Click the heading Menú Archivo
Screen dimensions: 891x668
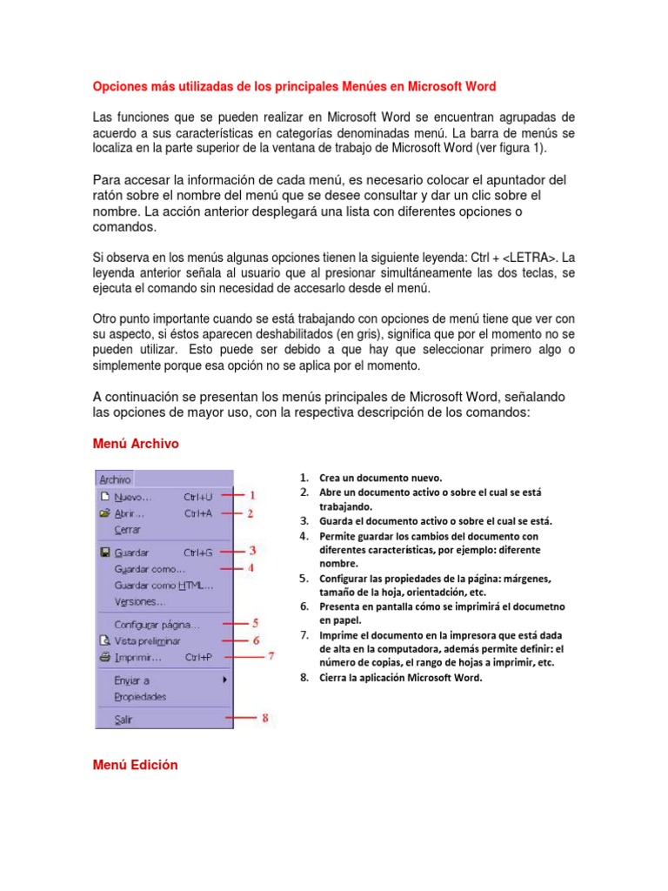[x=136, y=444]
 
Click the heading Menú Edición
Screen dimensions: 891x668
[x=135, y=765]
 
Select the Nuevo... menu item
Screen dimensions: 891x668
[x=132, y=497]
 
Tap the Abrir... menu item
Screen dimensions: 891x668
[x=130, y=513]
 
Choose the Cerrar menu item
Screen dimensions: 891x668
[x=127, y=529]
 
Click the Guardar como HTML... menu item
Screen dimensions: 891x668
[x=164, y=585]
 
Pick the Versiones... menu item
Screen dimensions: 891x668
[x=139, y=601]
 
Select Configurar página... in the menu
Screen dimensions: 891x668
[x=157, y=624]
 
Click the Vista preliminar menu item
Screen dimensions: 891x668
[x=147, y=640]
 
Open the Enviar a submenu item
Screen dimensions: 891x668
[x=132, y=680]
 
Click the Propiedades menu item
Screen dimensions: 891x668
[x=140, y=696]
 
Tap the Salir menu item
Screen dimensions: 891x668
[x=124, y=720]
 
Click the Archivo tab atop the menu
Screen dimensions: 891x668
[x=115, y=479]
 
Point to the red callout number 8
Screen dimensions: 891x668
[x=265, y=718]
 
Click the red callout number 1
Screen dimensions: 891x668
[x=252, y=495]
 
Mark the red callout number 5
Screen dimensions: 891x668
[x=256, y=623]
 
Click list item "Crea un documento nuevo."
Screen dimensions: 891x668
[x=381, y=478]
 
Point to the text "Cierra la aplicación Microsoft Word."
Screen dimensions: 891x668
[x=400, y=678]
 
